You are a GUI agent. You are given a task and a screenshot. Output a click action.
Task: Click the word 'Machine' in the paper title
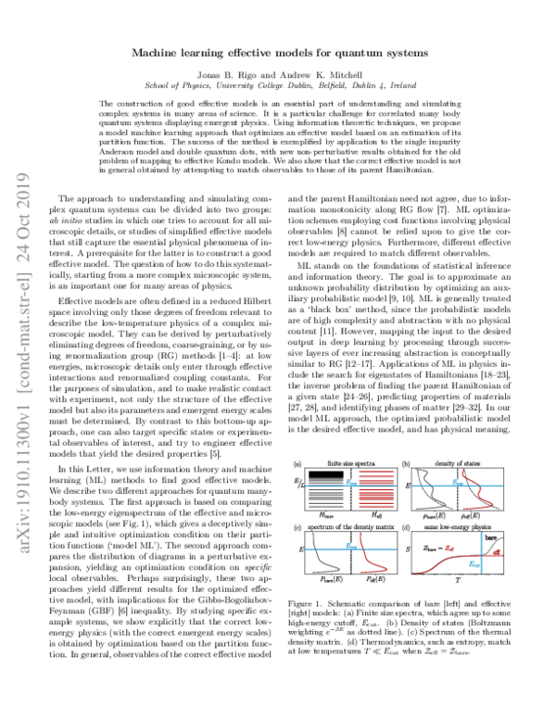(163, 55)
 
